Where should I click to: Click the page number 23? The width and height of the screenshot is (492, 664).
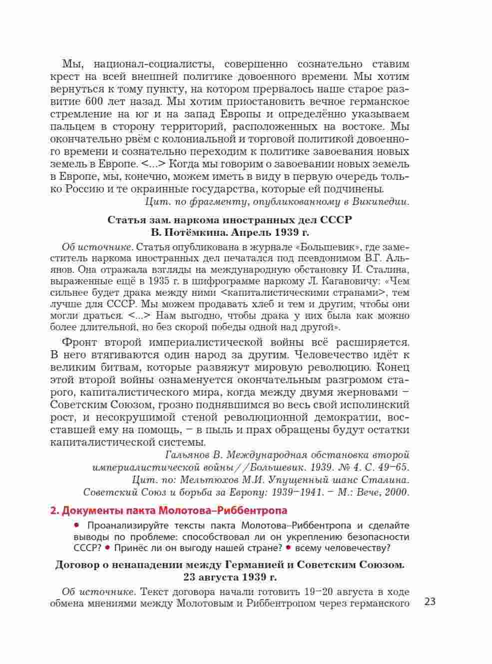tap(430, 602)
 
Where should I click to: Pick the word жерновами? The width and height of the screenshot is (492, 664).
tap(374, 392)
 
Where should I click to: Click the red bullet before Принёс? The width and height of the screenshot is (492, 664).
tap(107, 548)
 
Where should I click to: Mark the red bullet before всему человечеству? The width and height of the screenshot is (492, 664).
tap(288, 548)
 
